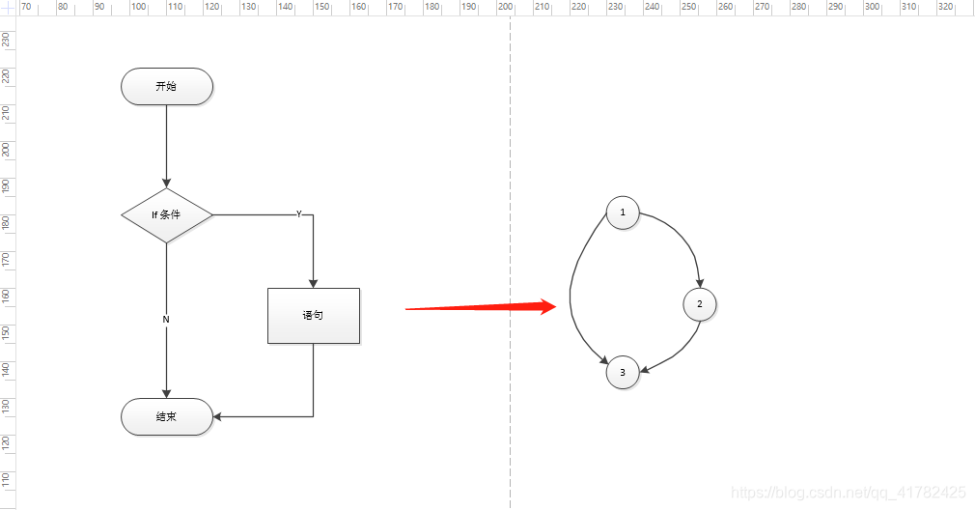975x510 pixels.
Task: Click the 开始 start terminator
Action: [167, 87]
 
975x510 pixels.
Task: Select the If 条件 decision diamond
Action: [167, 214]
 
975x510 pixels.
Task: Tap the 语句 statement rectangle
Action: [314, 315]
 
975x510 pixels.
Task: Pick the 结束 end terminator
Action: [167, 417]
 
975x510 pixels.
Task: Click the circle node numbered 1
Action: [623, 212]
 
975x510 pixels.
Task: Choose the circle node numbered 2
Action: [700, 304]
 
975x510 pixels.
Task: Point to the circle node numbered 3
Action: [623, 372]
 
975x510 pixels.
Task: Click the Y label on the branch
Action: [298, 214]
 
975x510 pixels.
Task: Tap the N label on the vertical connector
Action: [166, 319]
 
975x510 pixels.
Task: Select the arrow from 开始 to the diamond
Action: [167, 145]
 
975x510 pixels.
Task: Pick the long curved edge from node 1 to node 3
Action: [572, 290]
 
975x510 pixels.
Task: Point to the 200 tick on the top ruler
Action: [505, 7]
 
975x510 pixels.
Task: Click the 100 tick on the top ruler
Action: [138, 7]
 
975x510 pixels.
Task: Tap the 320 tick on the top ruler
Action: [945, 7]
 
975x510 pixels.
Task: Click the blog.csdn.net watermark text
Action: [849, 492]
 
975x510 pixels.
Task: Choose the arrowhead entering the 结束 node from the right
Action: [219, 417]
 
